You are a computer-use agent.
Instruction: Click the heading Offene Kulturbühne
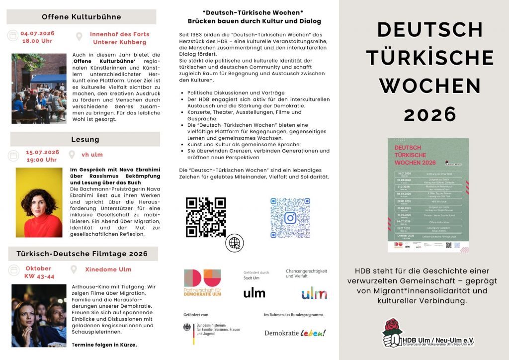(81, 17)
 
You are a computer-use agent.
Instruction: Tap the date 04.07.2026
(37, 33)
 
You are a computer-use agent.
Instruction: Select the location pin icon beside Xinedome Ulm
(74, 270)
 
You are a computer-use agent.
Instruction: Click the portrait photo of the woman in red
(39, 202)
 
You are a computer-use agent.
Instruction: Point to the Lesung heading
(85, 139)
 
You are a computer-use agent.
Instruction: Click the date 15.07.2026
(42, 152)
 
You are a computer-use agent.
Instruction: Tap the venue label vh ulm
(92, 155)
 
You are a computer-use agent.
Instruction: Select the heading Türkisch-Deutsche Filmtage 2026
(82, 254)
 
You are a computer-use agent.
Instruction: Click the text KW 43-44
(39, 276)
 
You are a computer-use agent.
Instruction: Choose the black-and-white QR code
(205, 217)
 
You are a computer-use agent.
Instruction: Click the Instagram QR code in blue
(290, 218)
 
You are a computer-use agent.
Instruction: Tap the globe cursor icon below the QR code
(234, 243)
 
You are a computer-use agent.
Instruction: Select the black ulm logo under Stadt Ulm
(254, 293)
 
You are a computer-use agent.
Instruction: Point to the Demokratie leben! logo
(295, 333)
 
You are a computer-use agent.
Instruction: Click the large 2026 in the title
(430, 114)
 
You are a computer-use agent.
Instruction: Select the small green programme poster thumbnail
(428, 194)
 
